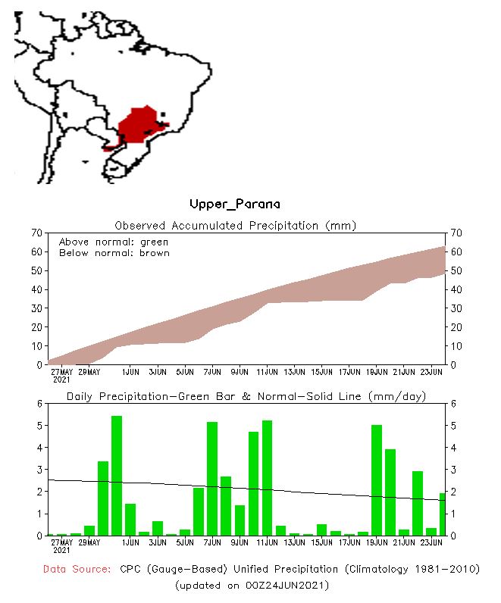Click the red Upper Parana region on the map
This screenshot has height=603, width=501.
point(139,125)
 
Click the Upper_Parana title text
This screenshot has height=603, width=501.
point(234,205)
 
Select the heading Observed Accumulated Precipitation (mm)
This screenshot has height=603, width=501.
point(235,226)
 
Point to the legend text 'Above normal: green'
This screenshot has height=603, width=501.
point(114,242)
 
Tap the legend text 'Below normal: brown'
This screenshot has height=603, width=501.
point(114,253)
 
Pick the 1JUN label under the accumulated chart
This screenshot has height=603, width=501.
point(130,372)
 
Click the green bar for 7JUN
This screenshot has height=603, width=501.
point(212,479)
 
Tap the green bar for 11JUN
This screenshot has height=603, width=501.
point(267,478)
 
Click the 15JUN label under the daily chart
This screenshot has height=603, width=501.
point(321,542)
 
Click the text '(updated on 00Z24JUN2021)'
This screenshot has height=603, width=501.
point(252,586)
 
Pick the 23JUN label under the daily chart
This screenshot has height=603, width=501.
point(431,542)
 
